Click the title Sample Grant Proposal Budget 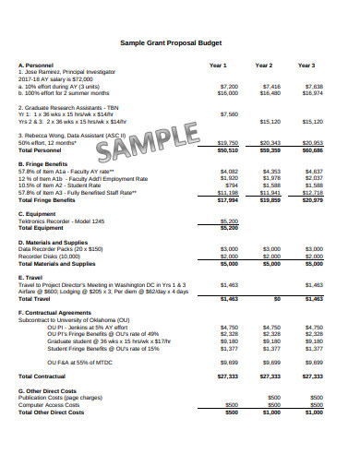coord(180,43)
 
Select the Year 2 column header coord(264,66)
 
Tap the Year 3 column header coord(306,66)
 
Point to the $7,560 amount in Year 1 coord(229,114)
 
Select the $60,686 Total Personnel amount coord(313,149)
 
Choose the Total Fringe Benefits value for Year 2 coord(270,199)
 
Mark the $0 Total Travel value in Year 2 coord(276,300)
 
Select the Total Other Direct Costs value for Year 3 coord(314,412)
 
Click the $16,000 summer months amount coord(228,93)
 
